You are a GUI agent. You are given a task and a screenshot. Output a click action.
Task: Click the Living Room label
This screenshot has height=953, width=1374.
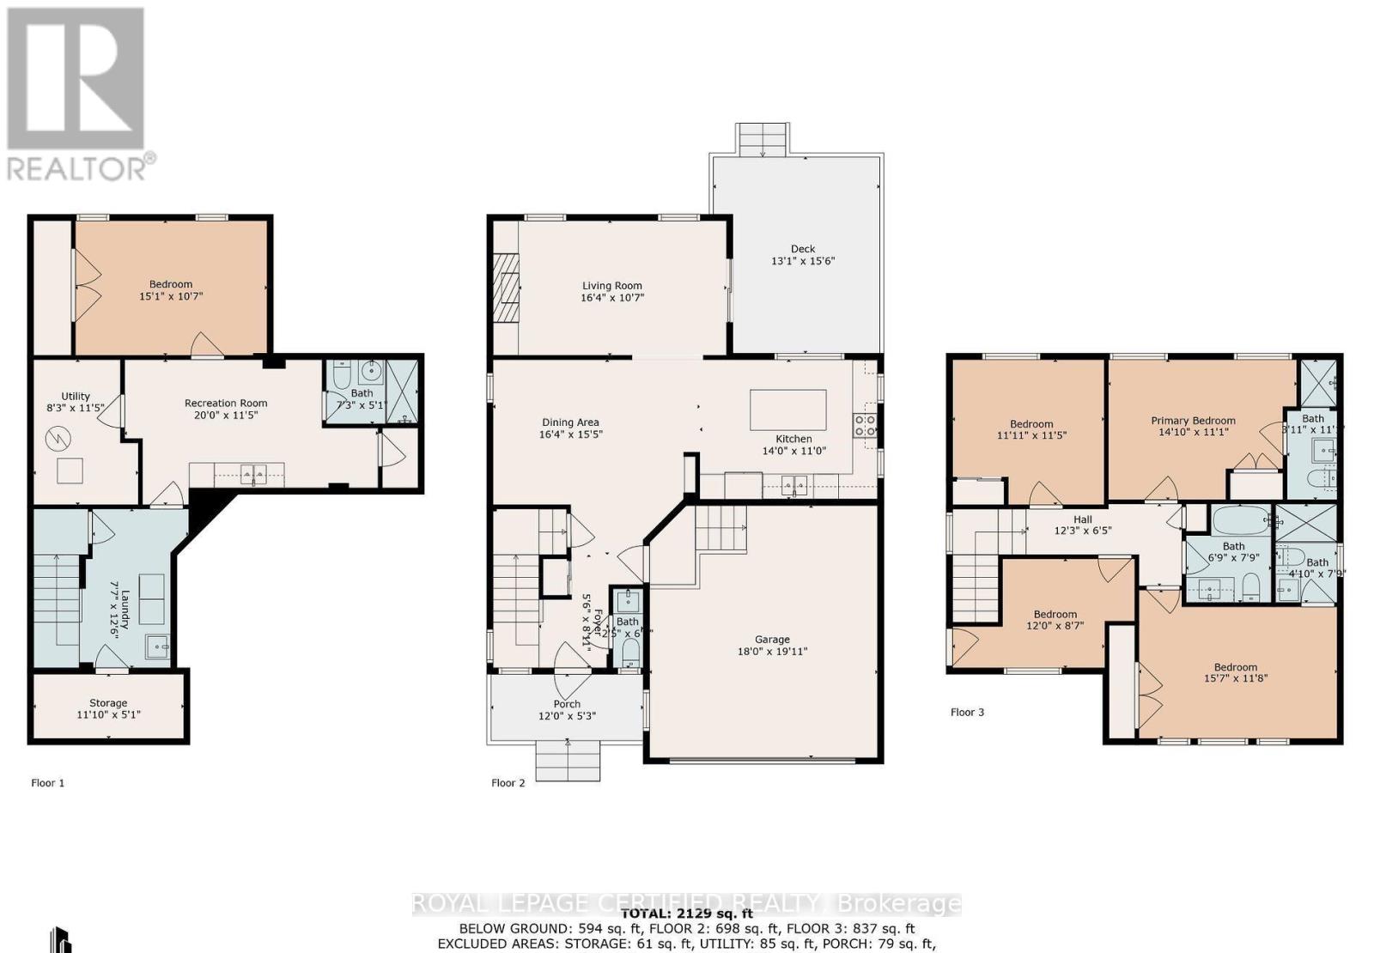click(x=611, y=286)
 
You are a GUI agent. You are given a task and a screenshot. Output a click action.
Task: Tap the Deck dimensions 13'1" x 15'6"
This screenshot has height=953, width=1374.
click(x=803, y=261)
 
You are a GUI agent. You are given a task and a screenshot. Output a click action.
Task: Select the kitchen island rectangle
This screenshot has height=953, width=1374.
click(x=787, y=410)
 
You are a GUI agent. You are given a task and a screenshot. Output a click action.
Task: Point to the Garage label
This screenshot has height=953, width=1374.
click(x=772, y=639)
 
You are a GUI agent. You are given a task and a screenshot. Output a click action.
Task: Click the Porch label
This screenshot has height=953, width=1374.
click(x=567, y=704)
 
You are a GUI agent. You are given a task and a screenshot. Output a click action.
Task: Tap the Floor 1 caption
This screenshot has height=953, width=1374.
click(x=47, y=783)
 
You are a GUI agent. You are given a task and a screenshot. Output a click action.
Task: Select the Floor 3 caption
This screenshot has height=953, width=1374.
click(x=967, y=712)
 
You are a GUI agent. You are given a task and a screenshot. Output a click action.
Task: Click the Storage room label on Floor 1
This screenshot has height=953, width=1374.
click(x=108, y=703)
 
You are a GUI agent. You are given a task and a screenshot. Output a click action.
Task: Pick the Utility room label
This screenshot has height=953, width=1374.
click(x=76, y=396)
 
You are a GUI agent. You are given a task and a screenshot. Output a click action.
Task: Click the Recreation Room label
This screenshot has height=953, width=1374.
click(x=226, y=403)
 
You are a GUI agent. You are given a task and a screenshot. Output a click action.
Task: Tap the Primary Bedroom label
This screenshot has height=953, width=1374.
click(x=1193, y=421)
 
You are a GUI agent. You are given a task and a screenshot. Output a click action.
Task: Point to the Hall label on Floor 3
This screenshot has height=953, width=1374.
click(x=1082, y=519)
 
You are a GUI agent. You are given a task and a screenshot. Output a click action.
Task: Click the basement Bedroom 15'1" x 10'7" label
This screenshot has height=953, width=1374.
click(x=171, y=284)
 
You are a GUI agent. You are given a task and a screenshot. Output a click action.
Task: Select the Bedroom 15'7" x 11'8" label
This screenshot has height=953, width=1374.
click(x=1235, y=667)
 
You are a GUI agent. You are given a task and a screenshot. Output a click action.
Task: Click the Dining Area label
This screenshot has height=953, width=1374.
click(x=570, y=422)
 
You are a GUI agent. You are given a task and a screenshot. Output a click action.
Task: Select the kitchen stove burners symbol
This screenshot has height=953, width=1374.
click(x=865, y=426)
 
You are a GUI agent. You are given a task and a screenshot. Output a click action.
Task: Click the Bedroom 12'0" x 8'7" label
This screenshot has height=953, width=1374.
click(x=1055, y=614)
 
